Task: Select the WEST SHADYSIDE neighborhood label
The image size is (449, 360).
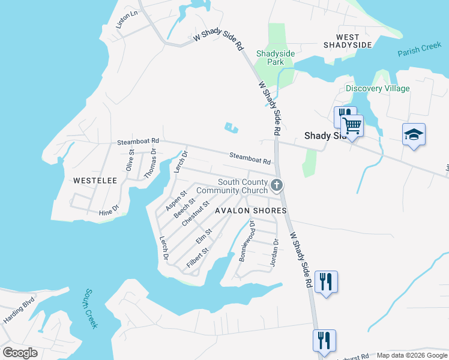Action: pyautogui.click(x=348, y=41)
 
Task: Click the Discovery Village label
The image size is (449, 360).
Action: pyautogui.click(x=378, y=88)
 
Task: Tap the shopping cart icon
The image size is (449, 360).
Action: pyautogui.click(x=352, y=126)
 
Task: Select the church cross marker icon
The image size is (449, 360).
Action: pyautogui.click(x=277, y=185)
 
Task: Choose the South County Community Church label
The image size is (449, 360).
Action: pyautogui.click(x=242, y=187)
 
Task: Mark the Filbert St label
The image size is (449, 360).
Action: pyautogui.click(x=197, y=257)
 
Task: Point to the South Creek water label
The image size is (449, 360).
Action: pyautogui.click(x=91, y=308)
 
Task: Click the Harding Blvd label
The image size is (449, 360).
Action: pyautogui.click(x=20, y=311)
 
